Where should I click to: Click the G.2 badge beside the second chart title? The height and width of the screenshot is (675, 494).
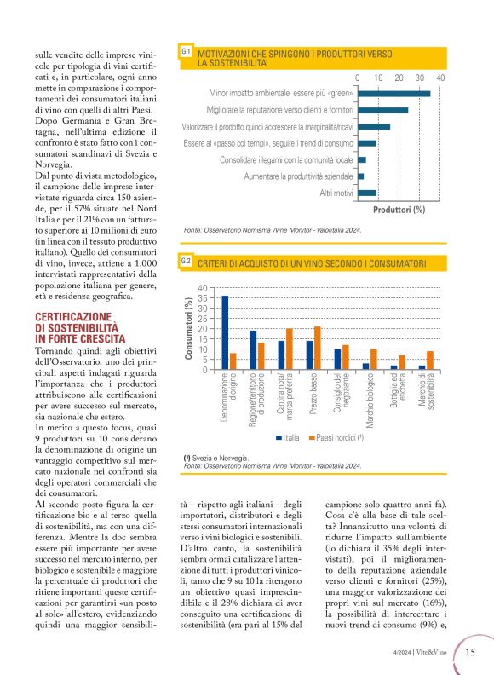tap(186, 262)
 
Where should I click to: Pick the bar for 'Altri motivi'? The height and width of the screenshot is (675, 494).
tap(367, 193)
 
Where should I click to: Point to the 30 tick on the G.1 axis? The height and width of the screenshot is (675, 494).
tap(420, 78)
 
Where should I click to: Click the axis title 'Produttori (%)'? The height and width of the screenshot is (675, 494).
tap(399, 210)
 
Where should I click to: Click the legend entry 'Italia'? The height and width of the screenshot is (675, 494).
tap(288, 437)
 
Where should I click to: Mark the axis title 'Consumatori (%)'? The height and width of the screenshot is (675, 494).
tap(189, 329)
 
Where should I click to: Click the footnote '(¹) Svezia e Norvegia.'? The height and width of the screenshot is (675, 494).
tap(216, 458)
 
